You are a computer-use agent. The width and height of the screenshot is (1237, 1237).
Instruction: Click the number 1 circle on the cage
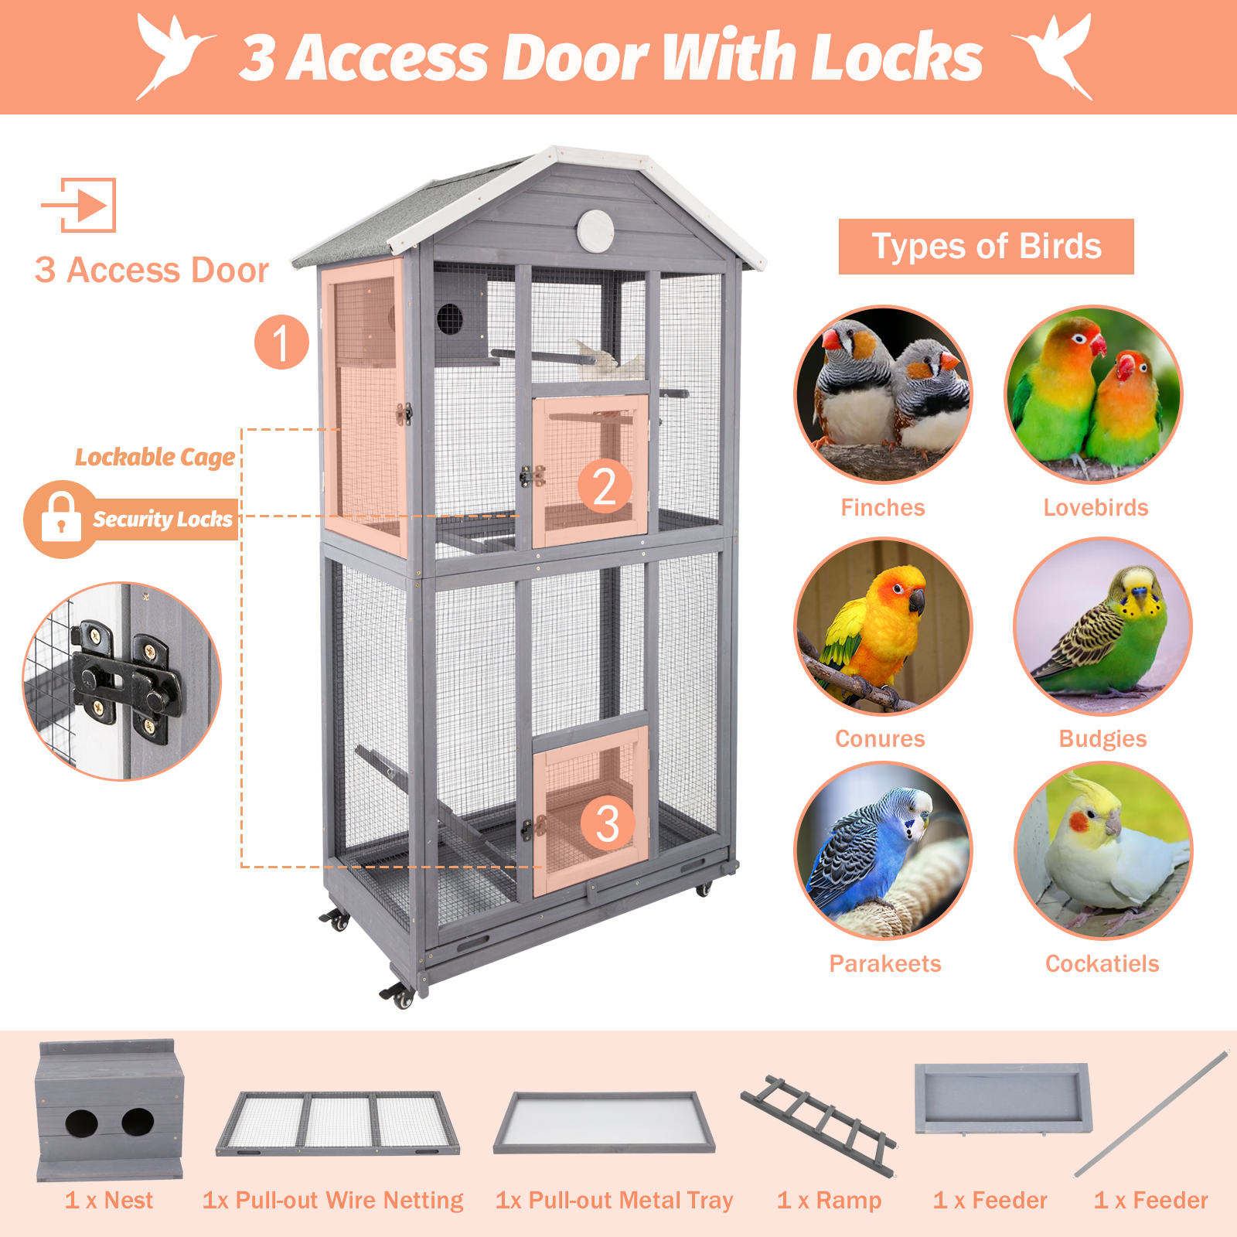[x=281, y=342]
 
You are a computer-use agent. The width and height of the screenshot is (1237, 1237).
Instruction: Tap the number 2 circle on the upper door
[x=605, y=486]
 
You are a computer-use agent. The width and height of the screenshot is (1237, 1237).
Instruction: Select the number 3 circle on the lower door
[x=608, y=823]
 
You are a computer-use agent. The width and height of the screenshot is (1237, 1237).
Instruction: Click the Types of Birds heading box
[x=986, y=247]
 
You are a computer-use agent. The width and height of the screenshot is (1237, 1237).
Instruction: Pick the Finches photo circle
[x=883, y=394]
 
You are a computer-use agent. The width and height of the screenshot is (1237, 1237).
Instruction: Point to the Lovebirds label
[x=1096, y=507]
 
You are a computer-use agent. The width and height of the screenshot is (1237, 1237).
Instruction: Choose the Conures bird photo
[x=883, y=625]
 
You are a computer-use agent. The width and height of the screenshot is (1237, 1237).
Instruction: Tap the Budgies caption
[x=1102, y=738]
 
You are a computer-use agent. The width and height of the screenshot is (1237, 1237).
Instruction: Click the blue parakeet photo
[x=883, y=850]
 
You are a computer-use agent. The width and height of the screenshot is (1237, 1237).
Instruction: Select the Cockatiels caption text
[x=1102, y=963]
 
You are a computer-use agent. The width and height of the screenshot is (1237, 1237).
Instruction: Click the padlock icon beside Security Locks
[x=60, y=518]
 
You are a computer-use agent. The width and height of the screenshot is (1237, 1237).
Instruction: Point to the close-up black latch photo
[x=122, y=681]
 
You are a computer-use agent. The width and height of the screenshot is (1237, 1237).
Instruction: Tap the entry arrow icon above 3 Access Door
[x=79, y=205]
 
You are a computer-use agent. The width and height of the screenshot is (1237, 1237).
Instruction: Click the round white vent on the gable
[x=595, y=230]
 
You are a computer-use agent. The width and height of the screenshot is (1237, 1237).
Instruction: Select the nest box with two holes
[x=110, y=1110]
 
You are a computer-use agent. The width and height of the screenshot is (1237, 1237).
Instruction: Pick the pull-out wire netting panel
[x=337, y=1123]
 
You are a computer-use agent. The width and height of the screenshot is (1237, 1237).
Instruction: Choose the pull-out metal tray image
[x=604, y=1123]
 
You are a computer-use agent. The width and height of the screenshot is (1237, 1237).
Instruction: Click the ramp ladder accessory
[x=819, y=1125]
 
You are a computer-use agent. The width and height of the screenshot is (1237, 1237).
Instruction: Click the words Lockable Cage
[x=155, y=457]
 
